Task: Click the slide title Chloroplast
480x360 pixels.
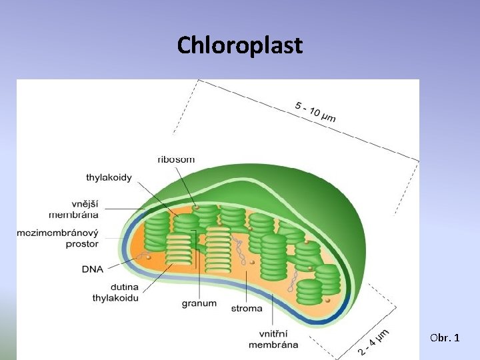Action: [x=240, y=45]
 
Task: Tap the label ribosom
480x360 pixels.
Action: [x=176, y=160]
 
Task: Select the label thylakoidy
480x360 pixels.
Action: [x=109, y=178]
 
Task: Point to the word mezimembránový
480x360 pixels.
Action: [x=58, y=233]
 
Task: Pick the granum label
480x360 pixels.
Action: [x=199, y=303]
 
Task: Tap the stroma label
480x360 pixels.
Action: [x=247, y=309]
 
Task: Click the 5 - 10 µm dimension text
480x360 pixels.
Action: [x=315, y=111]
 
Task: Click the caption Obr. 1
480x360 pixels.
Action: [x=445, y=339]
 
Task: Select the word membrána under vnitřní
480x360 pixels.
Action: [x=273, y=345]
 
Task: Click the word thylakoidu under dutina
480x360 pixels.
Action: [x=115, y=298]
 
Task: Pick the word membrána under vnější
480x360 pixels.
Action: [x=73, y=215]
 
